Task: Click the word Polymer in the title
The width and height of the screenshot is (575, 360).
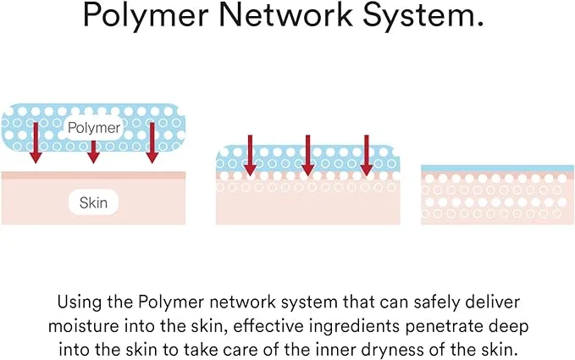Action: coord(146,16)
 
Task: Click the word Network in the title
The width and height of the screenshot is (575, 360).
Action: coord(285,14)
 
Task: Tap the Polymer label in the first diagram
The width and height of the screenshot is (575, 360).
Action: coord(94,128)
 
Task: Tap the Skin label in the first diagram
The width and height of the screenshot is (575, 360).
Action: coord(93,202)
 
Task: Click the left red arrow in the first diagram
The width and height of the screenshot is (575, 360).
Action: coord(36,143)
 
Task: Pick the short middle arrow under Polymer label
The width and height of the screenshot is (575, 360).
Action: coord(93,152)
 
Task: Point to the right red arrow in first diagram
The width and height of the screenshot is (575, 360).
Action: coord(152,143)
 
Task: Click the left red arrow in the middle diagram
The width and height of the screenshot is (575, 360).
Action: coord(250,155)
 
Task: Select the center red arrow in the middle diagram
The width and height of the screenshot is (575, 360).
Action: coord(308,155)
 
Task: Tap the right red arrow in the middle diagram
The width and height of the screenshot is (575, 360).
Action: coord(367,155)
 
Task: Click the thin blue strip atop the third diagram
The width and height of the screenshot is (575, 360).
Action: coord(498,169)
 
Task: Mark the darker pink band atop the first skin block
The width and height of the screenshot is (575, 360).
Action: coord(93,175)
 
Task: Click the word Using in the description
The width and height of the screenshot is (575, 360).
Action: coord(80,302)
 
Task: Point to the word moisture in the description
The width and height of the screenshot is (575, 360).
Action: coord(83,326)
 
